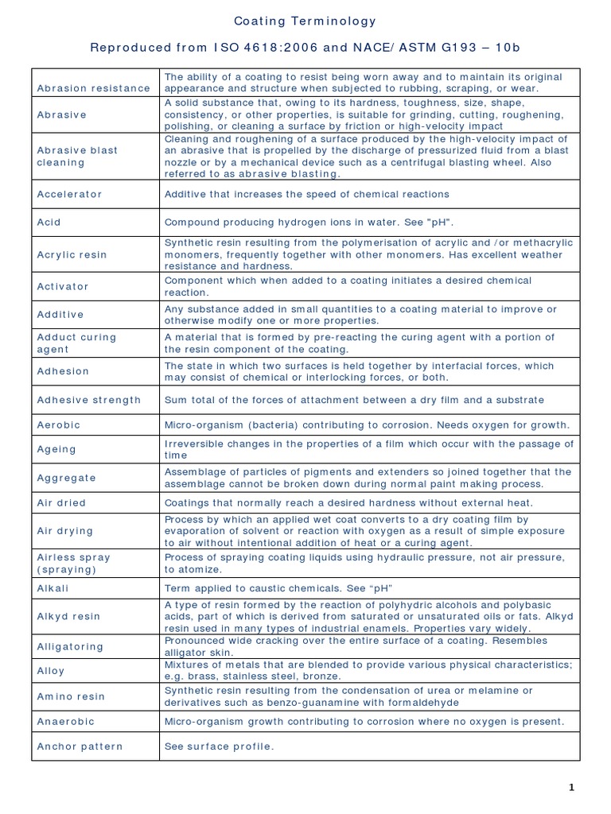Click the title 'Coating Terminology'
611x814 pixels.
tap(305, 21)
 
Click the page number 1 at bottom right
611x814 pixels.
tap(571, 787)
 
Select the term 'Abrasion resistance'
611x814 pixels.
tap(93, 88)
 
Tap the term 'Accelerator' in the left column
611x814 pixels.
tap(70, 194)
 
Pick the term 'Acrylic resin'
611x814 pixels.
tap(72, 254)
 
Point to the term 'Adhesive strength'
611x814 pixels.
tap(89, 400)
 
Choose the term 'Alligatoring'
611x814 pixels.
tap(71, 646)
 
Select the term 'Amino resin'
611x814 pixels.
tap(71, 696)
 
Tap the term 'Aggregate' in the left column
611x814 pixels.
tap(67, 478)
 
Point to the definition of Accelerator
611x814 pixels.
tap(306, 194)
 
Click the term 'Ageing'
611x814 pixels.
tap(56, 449)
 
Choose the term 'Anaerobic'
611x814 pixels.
tap(66, 721)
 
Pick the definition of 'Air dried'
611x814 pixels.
tap(348, 502)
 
